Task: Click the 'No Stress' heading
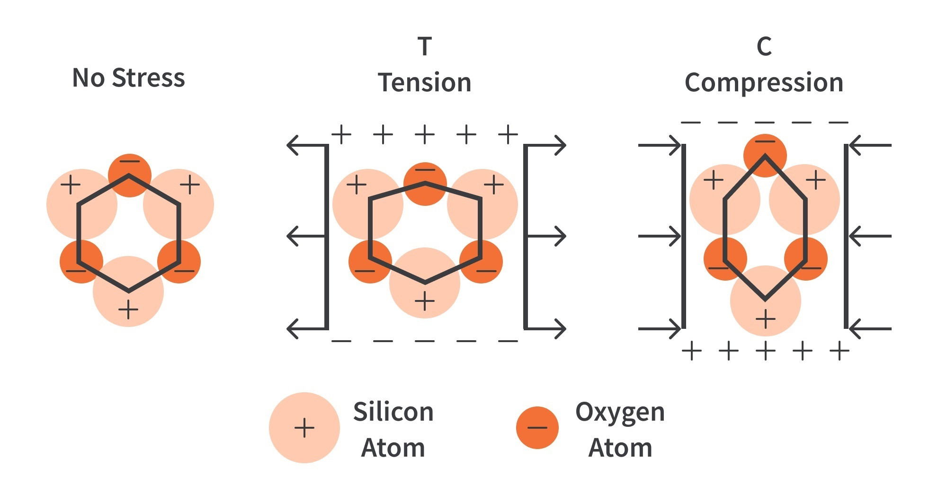tap(128, 78)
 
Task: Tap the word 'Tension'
tap(425, 83)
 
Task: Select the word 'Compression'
tap(764, 83)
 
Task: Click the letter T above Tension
tap(425, 46)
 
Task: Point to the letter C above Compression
tap(764, 46)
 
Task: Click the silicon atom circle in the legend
tap(304, 427)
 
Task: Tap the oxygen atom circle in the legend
tap(537, 427)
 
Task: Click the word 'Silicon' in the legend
tap(393, 412)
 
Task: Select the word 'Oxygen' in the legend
tap(620, 412)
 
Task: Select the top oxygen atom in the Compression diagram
tap(765, 150)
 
